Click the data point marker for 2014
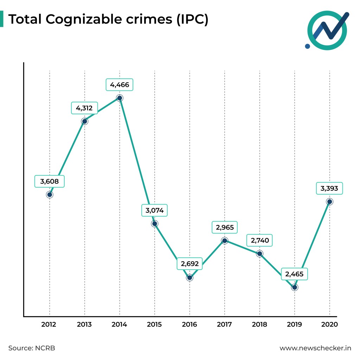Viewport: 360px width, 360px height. (120, 98)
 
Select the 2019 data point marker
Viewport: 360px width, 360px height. (295, 287)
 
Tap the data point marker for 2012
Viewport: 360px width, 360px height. (50, 194)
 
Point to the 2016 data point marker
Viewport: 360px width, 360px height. (189, 277)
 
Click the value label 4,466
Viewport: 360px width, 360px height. (120, 85)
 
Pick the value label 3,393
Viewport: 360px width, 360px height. (329, 188)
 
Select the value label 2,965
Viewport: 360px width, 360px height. (225, 227)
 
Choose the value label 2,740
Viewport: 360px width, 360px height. (260, 241)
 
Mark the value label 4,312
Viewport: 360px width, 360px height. (84, 108)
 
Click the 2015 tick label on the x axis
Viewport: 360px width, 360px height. (154, 324)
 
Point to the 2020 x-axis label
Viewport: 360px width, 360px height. (329, 324)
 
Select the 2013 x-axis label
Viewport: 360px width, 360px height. (84, 324)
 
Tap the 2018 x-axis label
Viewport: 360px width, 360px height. (259, 324)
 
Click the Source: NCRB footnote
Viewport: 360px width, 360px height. (32, 348)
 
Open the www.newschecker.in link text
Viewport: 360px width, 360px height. (315, 348)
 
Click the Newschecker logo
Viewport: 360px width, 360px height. (327, 30)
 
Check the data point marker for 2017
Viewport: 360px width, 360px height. (225, 240)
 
